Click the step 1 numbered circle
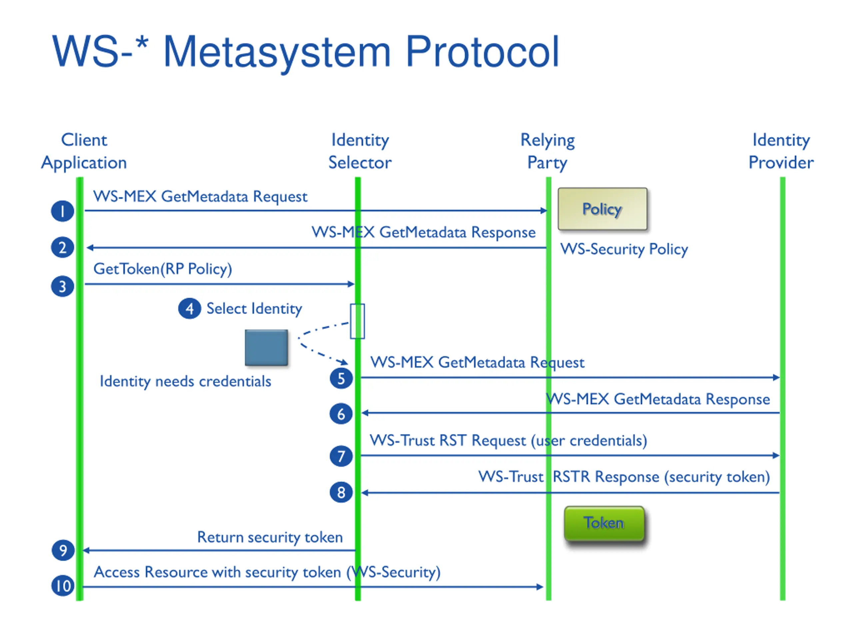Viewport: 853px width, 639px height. pos(62,211)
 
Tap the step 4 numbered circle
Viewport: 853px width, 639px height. pos(189,309)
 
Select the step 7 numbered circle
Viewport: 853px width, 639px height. pos(341,456)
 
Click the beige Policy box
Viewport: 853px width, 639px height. pos(602,209)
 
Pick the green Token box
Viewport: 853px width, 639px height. pos(604,524)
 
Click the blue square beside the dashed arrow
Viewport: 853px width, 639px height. pos(267,347)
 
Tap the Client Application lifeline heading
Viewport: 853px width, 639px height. pos(84,151)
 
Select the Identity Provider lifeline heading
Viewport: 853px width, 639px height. pos(781,151)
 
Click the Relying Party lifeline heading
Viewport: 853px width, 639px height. pos(547,151)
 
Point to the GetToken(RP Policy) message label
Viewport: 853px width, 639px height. pos(163,269)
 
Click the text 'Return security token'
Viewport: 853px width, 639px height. pos(270,537)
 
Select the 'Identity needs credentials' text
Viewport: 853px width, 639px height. pos(186,382)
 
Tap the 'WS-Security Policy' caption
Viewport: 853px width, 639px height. pos(624,250)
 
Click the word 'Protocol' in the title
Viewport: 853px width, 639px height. pos(482,52)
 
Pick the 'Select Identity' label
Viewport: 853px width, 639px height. pos(254,309)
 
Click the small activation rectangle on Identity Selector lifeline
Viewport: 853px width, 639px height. pos(358,321)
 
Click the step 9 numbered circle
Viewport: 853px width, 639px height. pos(63,550)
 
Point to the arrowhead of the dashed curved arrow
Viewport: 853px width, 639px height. pos(343,362)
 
